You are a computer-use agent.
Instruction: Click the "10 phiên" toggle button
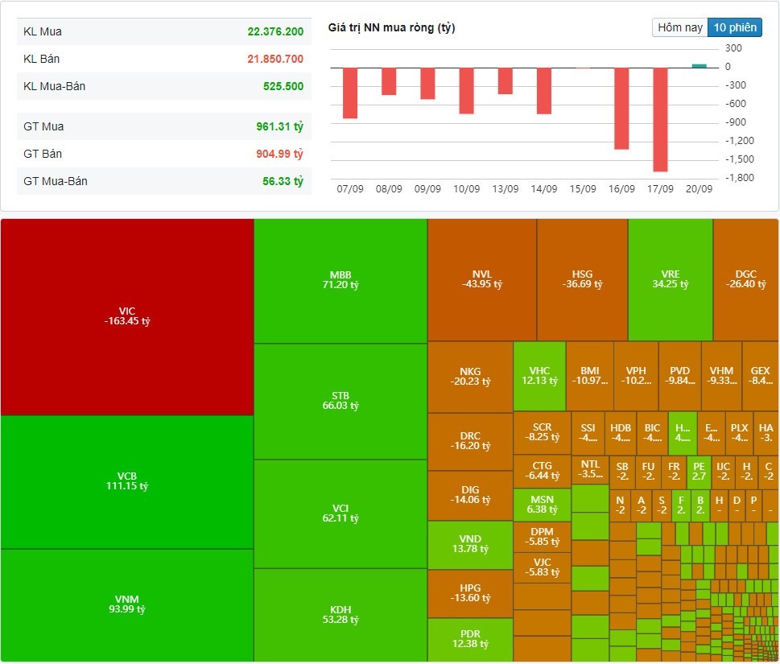735,27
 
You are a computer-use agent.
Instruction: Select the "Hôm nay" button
680,27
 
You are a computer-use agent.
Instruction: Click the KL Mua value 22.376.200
275,31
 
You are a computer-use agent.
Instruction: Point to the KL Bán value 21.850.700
275,59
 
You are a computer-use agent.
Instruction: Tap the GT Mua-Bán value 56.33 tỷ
283,181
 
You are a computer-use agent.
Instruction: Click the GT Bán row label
43,154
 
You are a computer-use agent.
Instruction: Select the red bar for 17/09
660,119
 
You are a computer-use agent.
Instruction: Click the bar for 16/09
621,108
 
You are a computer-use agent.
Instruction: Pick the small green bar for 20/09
699,66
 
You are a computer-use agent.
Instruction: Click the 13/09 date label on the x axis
505,189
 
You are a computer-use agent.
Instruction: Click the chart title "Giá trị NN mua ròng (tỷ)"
391,28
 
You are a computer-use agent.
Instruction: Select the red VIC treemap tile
127,316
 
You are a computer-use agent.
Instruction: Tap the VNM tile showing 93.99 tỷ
127,604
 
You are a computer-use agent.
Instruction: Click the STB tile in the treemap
340,401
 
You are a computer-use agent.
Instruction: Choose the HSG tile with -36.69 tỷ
582,278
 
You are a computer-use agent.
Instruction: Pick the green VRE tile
670,278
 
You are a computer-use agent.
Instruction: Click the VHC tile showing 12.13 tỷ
539,376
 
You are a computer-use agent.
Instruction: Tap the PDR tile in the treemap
470,639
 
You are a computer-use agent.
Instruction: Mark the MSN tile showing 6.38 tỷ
542,504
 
